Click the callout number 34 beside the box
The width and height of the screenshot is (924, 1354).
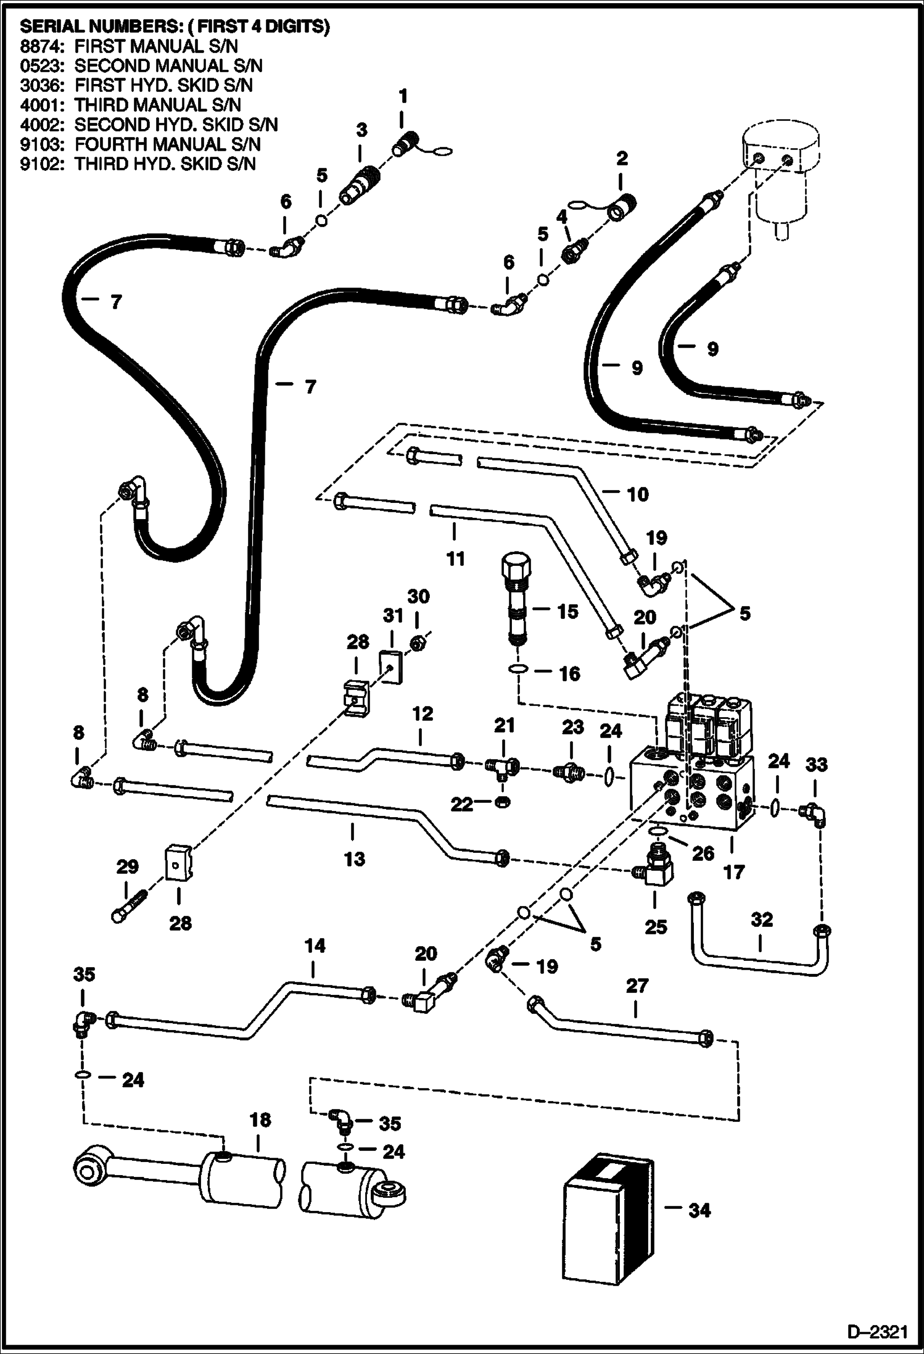pyautogui.click(x=699, y=1211)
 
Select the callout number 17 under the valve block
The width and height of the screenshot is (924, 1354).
pyautogui.click(x=734, y=872)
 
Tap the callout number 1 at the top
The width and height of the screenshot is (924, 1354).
pyautogui.click(x=403, y=96)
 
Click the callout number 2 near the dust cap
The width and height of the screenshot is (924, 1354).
pyautogui.click(x=621, y=158)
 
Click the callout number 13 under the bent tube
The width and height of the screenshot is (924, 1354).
pyautogui.click(x=354, y=858)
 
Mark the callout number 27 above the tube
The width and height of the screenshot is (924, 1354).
pyautogui.click(x=637, y=986)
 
